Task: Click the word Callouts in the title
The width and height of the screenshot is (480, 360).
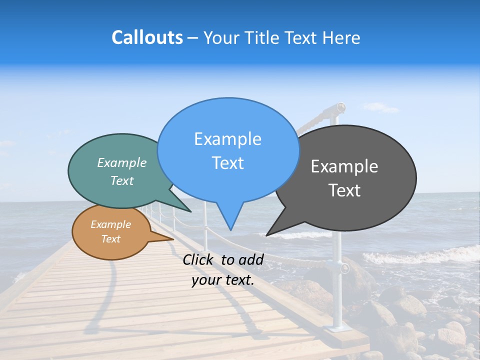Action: point(147,37)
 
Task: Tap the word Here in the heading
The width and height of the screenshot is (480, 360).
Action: point(341,37)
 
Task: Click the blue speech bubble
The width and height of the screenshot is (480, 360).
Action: point(228,150)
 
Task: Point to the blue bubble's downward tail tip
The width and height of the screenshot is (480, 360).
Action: point(230,230)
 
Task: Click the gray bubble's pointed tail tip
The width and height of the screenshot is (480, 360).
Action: point(266,235)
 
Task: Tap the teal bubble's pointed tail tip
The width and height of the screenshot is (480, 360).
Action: point(190,212)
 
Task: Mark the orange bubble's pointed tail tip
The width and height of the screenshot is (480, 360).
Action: point(173,239)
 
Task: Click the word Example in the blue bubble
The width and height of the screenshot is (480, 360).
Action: point(227,139)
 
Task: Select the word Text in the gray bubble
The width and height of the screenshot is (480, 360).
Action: point(344,190)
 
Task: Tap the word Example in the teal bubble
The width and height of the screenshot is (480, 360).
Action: point(122,163)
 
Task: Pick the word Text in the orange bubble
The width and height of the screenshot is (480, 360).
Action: point(111,239)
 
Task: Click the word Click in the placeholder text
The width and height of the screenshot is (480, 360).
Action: point(198,259)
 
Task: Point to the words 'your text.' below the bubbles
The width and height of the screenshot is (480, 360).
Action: point(223,280)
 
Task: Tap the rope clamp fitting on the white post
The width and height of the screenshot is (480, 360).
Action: point(344,268)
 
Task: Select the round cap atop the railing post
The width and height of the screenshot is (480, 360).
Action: point(340,106)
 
